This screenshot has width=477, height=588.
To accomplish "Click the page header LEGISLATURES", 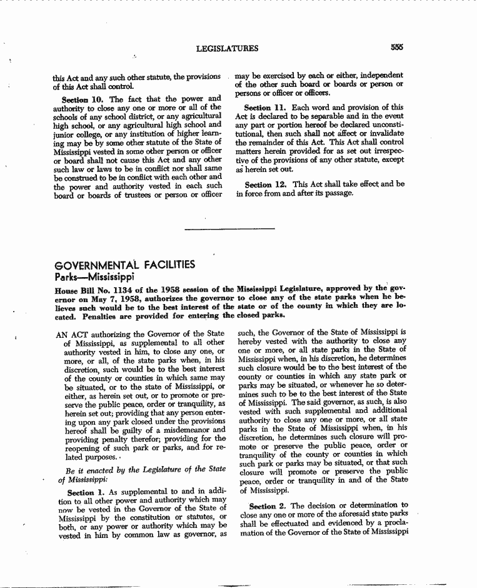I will point(227,48).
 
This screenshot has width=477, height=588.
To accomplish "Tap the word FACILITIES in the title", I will point(171,265).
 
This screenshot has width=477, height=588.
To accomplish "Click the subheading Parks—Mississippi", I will point(95,276).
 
